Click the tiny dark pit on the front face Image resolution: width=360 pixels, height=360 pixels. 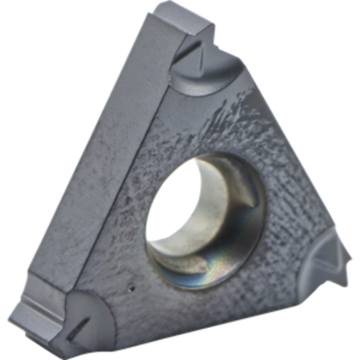pos(133,286)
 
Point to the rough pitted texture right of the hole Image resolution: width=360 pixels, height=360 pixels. pos(288,196)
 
